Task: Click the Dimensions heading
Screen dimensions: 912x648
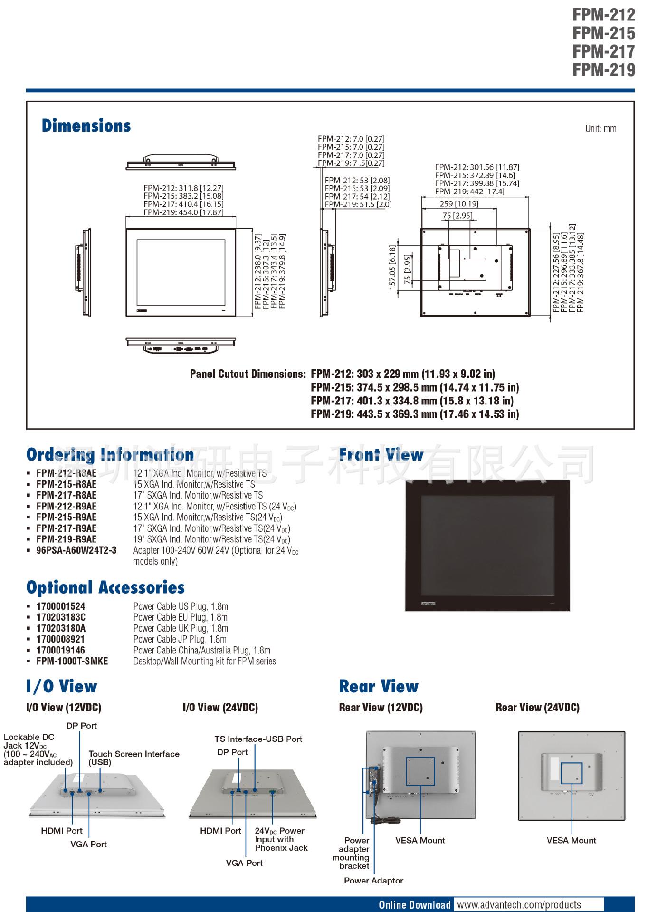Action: [x=86, y=126]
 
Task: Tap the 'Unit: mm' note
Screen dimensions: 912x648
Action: [x=600, y=129]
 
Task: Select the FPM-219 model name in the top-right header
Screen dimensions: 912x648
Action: [x=603, y=70]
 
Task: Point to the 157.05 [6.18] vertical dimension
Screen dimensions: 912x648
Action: [x=392, y=268]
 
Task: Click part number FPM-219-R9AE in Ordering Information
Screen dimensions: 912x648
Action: [x=67, y=539]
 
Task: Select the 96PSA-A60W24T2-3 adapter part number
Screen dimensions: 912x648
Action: [x=76, y=550]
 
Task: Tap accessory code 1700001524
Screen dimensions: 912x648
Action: [x=61, y=606]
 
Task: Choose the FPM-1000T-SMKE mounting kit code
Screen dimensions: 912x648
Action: [x=72, y=661]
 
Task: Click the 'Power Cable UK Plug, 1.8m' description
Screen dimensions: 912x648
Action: [x=180, y=628]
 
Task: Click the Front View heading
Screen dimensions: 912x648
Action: [x=381, y=455]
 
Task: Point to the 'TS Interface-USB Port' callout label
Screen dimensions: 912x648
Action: [x=258, y=739]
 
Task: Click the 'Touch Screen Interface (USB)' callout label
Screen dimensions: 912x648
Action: [x=133, y=758]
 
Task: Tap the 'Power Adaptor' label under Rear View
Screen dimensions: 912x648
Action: [x=373, y=881]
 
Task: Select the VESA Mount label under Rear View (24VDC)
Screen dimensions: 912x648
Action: [x=571, y=840]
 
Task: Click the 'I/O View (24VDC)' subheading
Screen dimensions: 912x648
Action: [x=220, y=708]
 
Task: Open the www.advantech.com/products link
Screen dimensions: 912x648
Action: [x=519, y=905]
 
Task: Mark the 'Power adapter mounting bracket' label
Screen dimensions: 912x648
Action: [x=352, y=853]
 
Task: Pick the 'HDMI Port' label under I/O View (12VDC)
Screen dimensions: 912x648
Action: [x=62, y=831]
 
